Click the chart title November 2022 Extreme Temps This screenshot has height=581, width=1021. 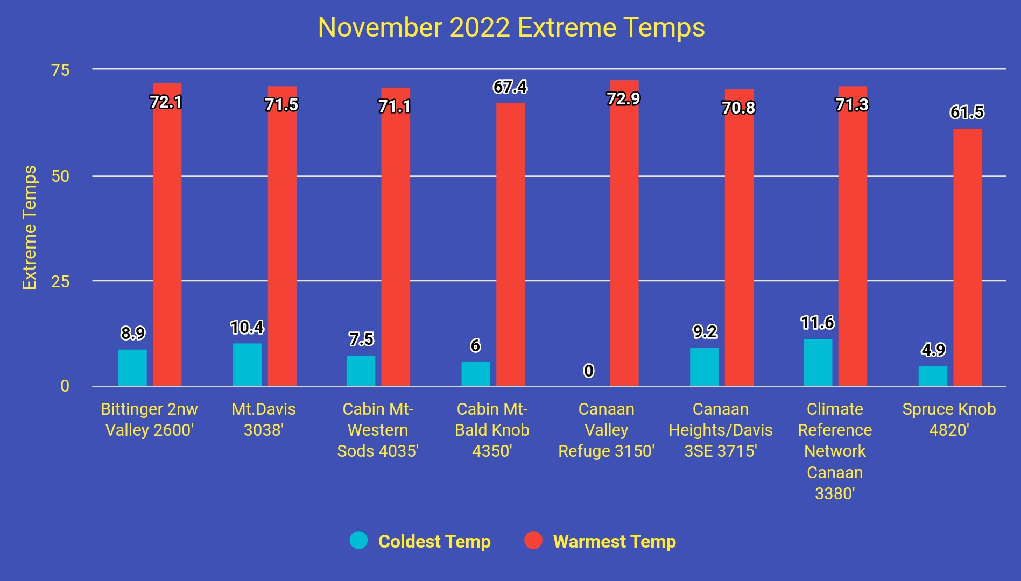511,27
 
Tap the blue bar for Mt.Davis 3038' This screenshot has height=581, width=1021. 247,365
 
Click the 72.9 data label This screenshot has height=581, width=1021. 623,99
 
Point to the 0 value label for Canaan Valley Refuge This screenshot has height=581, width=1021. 589,371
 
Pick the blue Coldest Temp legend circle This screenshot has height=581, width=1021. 358,540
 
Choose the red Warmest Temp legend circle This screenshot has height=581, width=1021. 533,540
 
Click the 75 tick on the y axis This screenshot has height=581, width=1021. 60,70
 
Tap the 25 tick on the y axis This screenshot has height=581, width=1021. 60,281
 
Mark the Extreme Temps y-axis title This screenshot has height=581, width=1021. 30,228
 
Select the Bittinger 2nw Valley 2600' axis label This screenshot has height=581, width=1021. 149,420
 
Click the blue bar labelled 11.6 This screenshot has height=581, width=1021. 818,363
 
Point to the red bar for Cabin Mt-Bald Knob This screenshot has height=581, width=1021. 510,244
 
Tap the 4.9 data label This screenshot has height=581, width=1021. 933,350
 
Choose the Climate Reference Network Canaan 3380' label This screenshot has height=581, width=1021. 835,451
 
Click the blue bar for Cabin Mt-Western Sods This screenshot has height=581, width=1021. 361,371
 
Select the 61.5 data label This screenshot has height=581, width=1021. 967,112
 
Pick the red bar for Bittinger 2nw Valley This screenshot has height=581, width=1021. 167,235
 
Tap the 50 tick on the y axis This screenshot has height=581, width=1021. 60,176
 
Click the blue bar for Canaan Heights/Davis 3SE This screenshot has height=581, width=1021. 704,367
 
